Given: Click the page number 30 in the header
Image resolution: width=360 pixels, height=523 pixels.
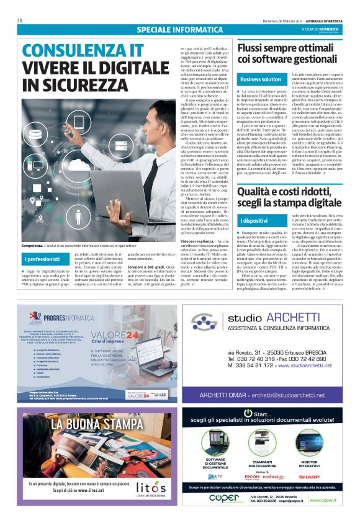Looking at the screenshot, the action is [x=20, y=20].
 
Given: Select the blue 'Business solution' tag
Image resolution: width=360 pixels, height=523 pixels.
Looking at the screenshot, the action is [x=261, y=79].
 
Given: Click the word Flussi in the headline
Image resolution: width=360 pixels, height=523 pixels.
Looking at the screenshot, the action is [x=256, y=47].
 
